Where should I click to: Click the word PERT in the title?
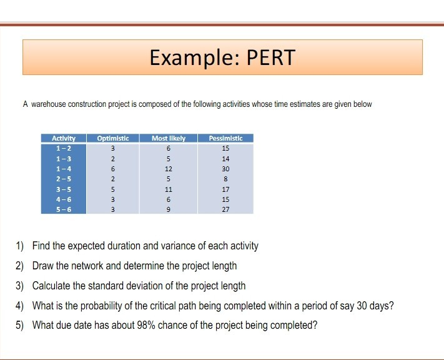tap(270, 58)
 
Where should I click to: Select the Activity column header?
tap(63, 137)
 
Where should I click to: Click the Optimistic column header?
tap(113, 137)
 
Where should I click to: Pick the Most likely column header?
tap(169, 137)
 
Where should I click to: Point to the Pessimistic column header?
tap(225, 137)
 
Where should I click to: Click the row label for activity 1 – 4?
tap(63, 169)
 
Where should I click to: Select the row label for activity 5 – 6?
tap(63, 209)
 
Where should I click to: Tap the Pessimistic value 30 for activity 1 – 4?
tap(225, 169)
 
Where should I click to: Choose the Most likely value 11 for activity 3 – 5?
tap(169, 189)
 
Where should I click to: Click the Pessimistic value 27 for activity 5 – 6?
tap(225, 209)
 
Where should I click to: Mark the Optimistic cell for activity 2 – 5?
tap(113, 179)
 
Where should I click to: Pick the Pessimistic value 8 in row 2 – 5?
tap(225, 179)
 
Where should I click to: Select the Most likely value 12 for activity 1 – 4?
tap(169, 169)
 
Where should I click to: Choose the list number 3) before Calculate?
tap(19, 286)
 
